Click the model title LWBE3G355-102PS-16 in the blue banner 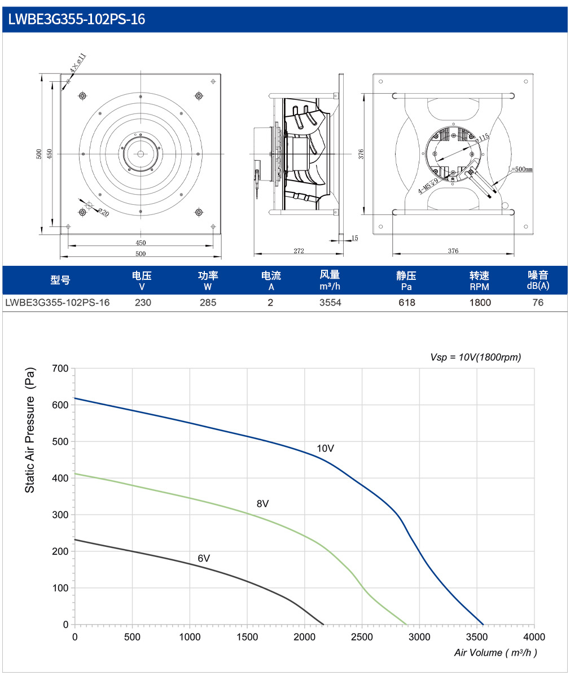coord(77,19)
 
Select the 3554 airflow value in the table coord(330,302)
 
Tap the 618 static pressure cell coord(407,302)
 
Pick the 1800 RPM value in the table coord(480,302)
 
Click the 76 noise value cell coord(538,302)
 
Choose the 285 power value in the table coord(208,302)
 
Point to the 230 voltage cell coord(143,302)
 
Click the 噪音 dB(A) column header coord(538,280)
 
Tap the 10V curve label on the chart coord(326,449)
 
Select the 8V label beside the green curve coord(262,504)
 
